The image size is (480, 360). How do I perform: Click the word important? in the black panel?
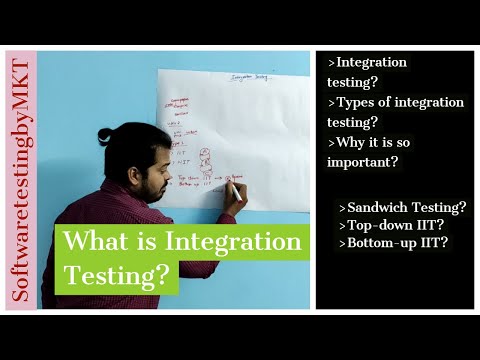click(x=368, y=161)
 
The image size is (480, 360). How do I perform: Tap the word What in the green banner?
click(x=96, y=242)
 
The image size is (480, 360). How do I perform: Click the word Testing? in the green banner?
click(x=119, y=272)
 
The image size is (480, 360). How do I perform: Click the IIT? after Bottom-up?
click(x=440, y=243)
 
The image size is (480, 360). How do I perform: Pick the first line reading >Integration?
click(x=369, y=62)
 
